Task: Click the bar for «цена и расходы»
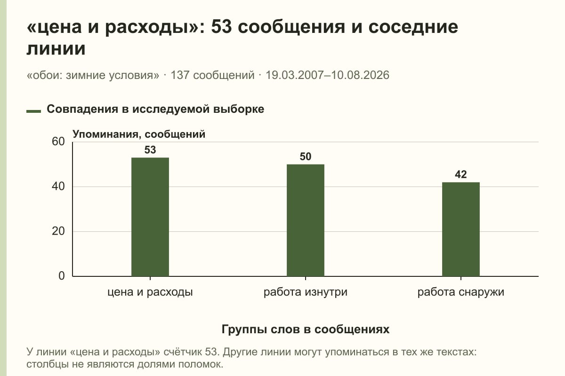[x=150, y=217]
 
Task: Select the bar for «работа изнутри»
[x=306, y=220]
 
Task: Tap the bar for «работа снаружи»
[x=461, y=229]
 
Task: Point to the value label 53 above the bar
[x=150, y=150]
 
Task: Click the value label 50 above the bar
[x=306, y=157]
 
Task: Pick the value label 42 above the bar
[x=461, y=174]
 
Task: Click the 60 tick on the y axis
[x=58, y=141]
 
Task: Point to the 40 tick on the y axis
[x=58, y=187]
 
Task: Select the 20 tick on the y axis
[x=58, y=231]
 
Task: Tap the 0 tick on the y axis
[x=62, y=276]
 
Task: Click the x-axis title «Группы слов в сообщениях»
[x=306, y=329]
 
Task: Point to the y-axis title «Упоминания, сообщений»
[x=139, y=134]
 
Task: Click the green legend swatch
[x=33, y=111]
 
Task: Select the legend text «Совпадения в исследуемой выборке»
[x=155, y=109]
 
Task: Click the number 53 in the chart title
[x=221, y=27]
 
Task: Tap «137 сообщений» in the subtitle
[x=213, y=75]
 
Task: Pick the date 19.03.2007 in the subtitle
[x=295, y=75]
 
